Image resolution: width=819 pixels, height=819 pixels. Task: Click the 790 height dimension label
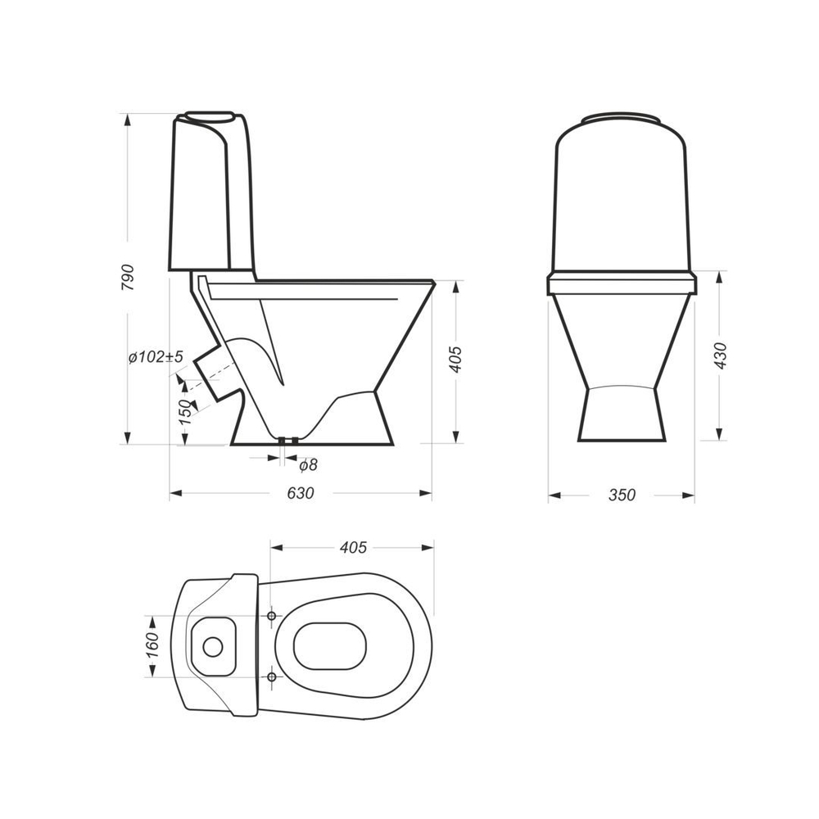click(x=129, y=278)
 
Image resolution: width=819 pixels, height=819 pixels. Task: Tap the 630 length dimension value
click(x=301, y=494)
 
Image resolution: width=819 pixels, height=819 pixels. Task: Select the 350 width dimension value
click(x=622, y=495)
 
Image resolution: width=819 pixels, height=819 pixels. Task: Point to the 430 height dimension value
click(x=721, y=355)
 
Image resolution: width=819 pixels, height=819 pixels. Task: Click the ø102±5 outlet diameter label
click(x=156, y=357)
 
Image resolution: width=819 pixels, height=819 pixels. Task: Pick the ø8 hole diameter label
click(x=308, y=464)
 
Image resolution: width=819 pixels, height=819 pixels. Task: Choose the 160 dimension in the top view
click(x=152, y=646)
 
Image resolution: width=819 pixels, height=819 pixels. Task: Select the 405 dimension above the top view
click(x=354, y=547)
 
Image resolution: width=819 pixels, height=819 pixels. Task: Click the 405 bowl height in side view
click(x=456, y=360)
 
